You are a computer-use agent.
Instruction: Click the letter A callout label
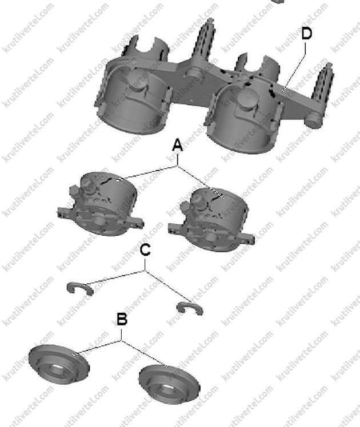tap(178, 145)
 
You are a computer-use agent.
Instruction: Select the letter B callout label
tap(122, 319)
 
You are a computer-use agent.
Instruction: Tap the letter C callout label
tap(145, 249)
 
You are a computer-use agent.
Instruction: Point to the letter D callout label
tap(307, 34)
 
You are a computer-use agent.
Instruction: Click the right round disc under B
tap(169, 384)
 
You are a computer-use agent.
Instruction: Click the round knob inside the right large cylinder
tap(247, 99)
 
